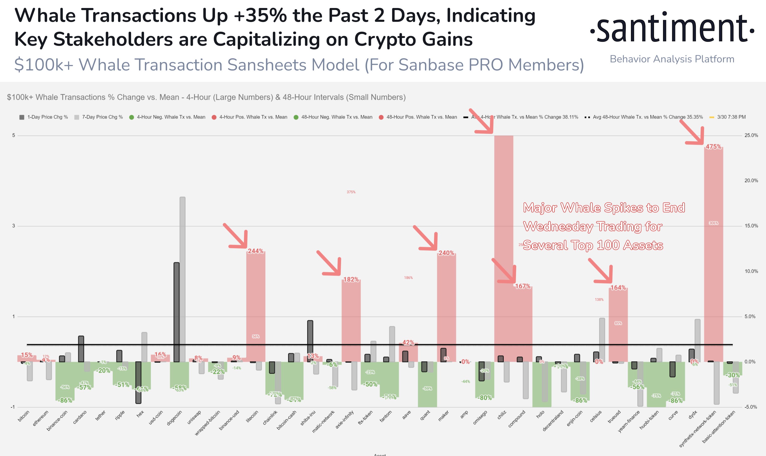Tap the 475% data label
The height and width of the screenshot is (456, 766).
click(x=713, y=147)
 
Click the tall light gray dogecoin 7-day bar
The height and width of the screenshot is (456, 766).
click(x=182, y=277)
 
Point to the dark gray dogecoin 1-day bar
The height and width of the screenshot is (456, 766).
click(x=176, y=310)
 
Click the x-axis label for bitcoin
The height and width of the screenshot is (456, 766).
click(x=24, y=416)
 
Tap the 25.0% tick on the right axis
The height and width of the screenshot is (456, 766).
click(x=751, y=135)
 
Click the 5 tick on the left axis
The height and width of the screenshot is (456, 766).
click(x=14, y=135)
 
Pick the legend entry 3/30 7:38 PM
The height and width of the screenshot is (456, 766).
click(x=731, y=117)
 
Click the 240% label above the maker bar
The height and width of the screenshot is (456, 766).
click(x=446, y=253)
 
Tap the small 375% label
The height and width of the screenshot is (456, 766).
click(x=351, y=192)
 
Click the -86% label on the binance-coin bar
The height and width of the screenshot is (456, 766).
click(x=65, y=400)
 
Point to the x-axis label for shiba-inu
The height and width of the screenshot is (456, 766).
click(x=308, y=418)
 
